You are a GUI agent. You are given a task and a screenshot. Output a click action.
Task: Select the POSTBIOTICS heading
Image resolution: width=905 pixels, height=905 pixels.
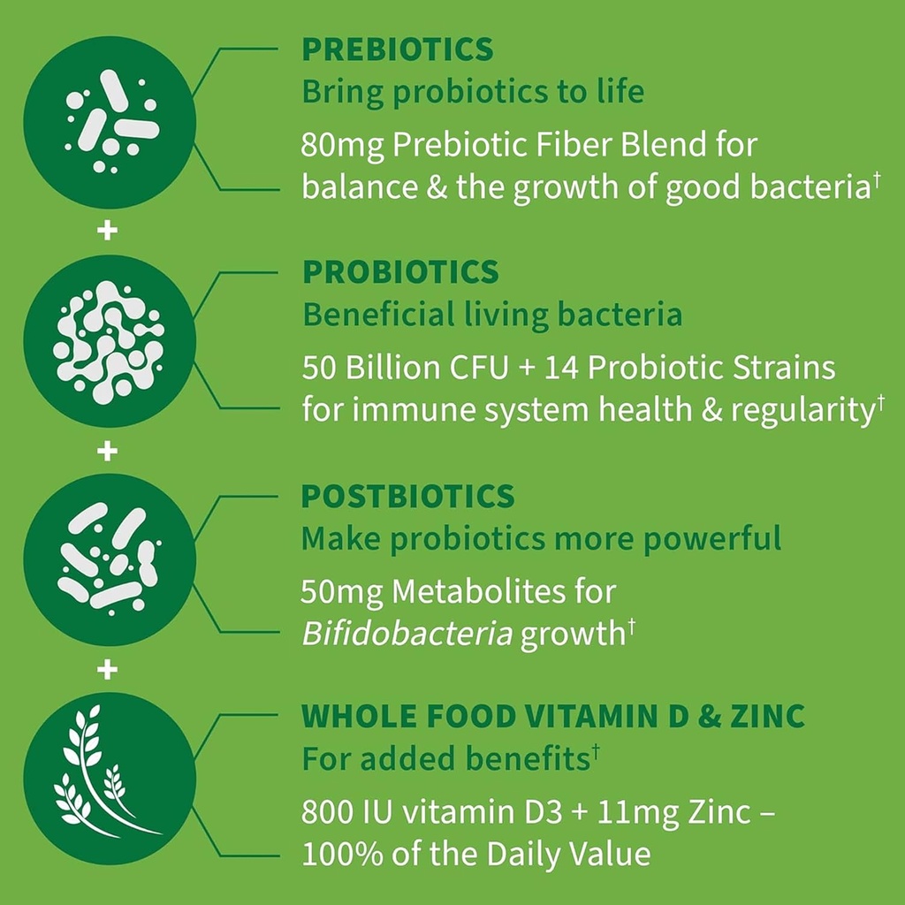coord(407,497)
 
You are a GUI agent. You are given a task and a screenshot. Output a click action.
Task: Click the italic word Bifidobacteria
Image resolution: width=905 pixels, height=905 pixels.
coord(407,635)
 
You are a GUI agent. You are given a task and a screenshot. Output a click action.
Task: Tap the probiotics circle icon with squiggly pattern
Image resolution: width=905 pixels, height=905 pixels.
coord(110,343)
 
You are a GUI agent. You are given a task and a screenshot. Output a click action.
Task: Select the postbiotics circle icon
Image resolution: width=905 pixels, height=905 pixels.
coord(110,562)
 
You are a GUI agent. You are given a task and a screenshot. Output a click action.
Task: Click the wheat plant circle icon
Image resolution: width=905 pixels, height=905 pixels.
coord(110,779)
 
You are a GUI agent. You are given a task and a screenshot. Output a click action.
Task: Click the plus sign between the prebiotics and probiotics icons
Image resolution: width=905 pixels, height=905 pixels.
coord(108,232)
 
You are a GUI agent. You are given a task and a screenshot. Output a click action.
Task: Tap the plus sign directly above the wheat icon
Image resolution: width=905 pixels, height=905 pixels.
coord(108,671)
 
